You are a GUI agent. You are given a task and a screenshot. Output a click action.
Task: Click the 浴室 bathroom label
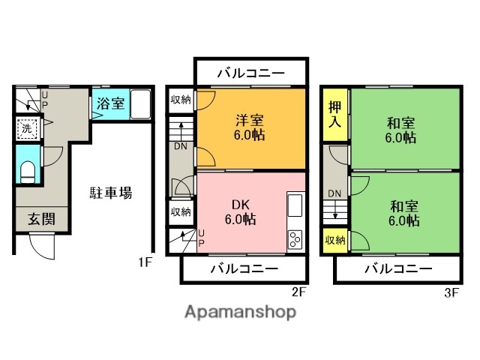point(109,103)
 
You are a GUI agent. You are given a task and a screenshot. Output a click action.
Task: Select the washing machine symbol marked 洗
point(27,128)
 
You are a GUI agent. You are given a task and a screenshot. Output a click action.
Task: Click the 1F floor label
point(145,262)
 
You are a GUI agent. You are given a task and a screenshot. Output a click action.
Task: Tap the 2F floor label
point(298,291)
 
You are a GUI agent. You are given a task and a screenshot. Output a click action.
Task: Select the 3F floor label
point(450,291)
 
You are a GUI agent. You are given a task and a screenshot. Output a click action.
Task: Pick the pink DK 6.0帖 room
point(240,211)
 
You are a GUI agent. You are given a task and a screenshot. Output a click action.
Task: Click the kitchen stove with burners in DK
point(293,240)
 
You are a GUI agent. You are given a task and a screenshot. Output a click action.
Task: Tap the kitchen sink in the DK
point(293,205)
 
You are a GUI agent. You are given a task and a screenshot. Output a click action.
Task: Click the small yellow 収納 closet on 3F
point(335,241)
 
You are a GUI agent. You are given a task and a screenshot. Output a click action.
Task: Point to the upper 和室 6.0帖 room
point(403,130)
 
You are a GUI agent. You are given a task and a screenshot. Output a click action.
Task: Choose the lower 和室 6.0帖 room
point(403,213)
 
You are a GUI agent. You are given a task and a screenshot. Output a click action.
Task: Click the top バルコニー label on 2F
point(251,73)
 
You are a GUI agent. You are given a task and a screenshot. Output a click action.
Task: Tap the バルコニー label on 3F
point(397,268)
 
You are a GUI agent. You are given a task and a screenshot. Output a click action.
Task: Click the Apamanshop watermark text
point(240,311)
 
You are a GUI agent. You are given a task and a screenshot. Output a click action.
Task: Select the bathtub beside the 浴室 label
point(141,103)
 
